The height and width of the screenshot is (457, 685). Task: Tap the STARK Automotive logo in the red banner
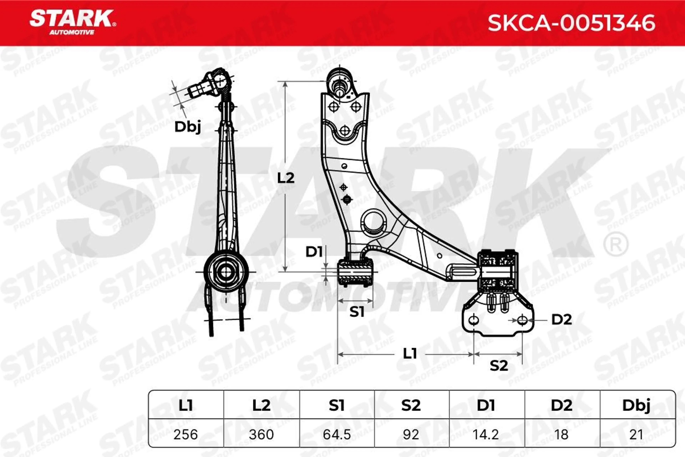[x=73, y=22]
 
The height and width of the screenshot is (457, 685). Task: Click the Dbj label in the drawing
[x=187, y=127]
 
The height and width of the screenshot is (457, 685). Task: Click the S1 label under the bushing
[x=357, y=312]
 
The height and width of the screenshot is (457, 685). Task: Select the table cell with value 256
[x=186, y=435]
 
